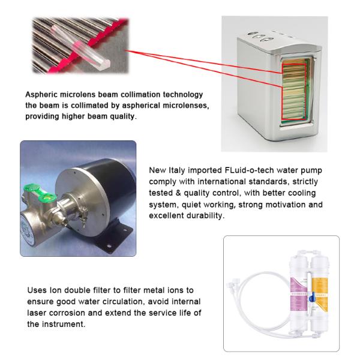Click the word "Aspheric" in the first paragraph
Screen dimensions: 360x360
coord(41,95)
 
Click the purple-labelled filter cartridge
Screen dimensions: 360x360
coord(299,292)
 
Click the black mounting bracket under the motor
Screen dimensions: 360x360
coord(113,239)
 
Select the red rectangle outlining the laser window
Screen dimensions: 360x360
coord(283,92)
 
